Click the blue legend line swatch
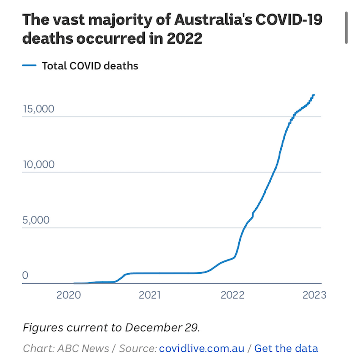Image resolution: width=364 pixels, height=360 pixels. [29, 66]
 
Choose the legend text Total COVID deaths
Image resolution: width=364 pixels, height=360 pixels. [90, 66]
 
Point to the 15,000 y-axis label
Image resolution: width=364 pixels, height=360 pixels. [39, 109]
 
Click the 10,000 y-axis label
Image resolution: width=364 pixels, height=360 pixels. [39, 165]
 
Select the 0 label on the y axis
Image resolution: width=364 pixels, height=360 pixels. [25, 276]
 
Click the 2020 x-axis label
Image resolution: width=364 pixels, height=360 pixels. [68, 295]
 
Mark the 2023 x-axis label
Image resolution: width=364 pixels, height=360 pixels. [314, 295]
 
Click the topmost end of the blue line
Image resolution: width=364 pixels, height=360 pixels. [313, 95]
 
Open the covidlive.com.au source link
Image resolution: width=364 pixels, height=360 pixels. [202, 349]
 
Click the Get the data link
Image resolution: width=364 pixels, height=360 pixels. [286, 349]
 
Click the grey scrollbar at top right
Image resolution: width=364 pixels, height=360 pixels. [347, 27]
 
